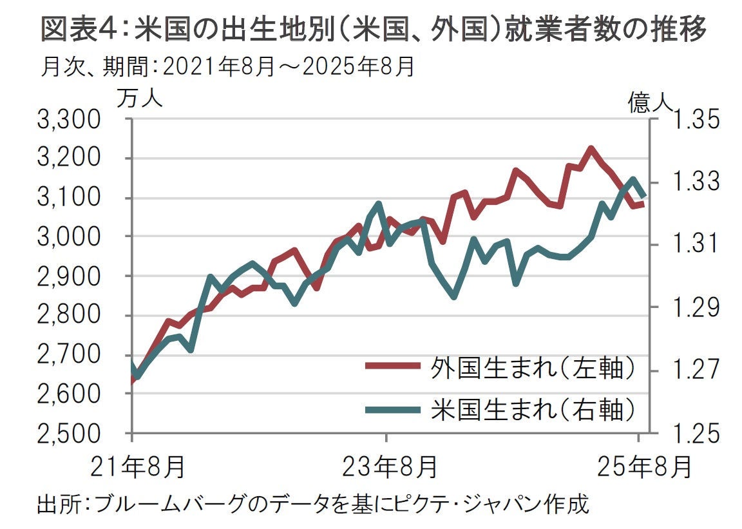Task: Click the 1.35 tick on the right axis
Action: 694,120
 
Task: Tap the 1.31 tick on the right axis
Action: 694,244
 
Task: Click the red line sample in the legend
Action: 390,366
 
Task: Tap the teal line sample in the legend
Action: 390,408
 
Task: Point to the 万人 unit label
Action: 140,99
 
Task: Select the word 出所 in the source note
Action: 56,503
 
